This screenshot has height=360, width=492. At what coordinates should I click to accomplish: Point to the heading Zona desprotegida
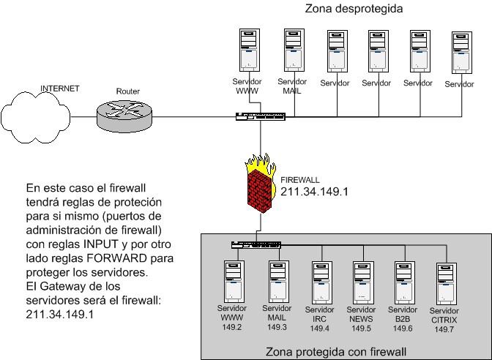pos(359,8)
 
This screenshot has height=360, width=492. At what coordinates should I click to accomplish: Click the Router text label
pos(127,91)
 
